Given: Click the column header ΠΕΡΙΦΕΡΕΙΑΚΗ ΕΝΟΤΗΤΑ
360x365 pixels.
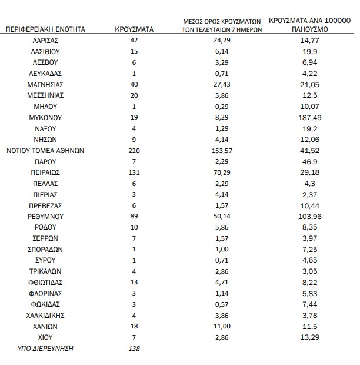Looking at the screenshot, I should tap(45, 28).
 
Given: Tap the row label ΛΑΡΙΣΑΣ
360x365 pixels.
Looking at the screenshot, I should tap(45, 40).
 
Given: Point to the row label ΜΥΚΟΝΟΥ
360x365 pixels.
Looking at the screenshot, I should tap(45, 117).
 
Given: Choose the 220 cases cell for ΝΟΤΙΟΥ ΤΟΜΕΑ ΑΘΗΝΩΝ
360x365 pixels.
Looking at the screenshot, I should tap(134, 150).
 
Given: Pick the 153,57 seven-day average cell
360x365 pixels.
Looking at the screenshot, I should tap(221, 150).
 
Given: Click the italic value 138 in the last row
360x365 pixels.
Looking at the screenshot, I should tap(135, 349).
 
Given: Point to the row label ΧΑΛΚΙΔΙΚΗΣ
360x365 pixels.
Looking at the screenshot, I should tap(45, 315).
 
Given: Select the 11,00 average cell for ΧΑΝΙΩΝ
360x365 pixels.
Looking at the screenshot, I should tap(221, 326).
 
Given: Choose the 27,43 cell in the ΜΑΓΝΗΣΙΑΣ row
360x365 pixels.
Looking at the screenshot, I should tap(221, 84).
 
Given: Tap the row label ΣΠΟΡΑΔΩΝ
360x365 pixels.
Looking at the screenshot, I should tap(45, 249).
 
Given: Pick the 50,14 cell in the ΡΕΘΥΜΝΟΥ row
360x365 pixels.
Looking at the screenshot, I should tap(221, 216).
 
